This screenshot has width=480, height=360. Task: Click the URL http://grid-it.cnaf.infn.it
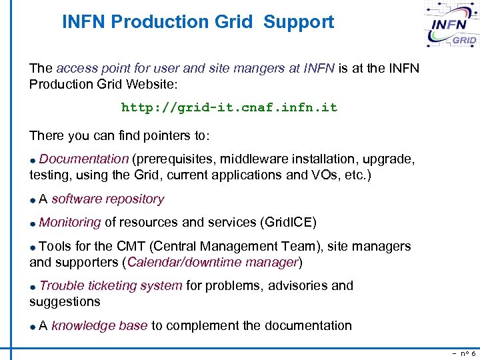(x=229, y=107)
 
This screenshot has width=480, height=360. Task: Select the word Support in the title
(x=299, y=22)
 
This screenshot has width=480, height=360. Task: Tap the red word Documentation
(x=83, y=159)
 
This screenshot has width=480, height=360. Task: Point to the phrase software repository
(x=107, y=199)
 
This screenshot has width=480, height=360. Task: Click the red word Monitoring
(x=70, y=223)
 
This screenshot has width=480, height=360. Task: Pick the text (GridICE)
(x=288, y=223)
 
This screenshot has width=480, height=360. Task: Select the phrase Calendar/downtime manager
(x=212, y=262)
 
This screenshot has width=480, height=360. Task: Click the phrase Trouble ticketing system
(x=111, y=286)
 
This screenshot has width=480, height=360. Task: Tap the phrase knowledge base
(x=99, y=326)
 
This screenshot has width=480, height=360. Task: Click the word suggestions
(x=65, y=302)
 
